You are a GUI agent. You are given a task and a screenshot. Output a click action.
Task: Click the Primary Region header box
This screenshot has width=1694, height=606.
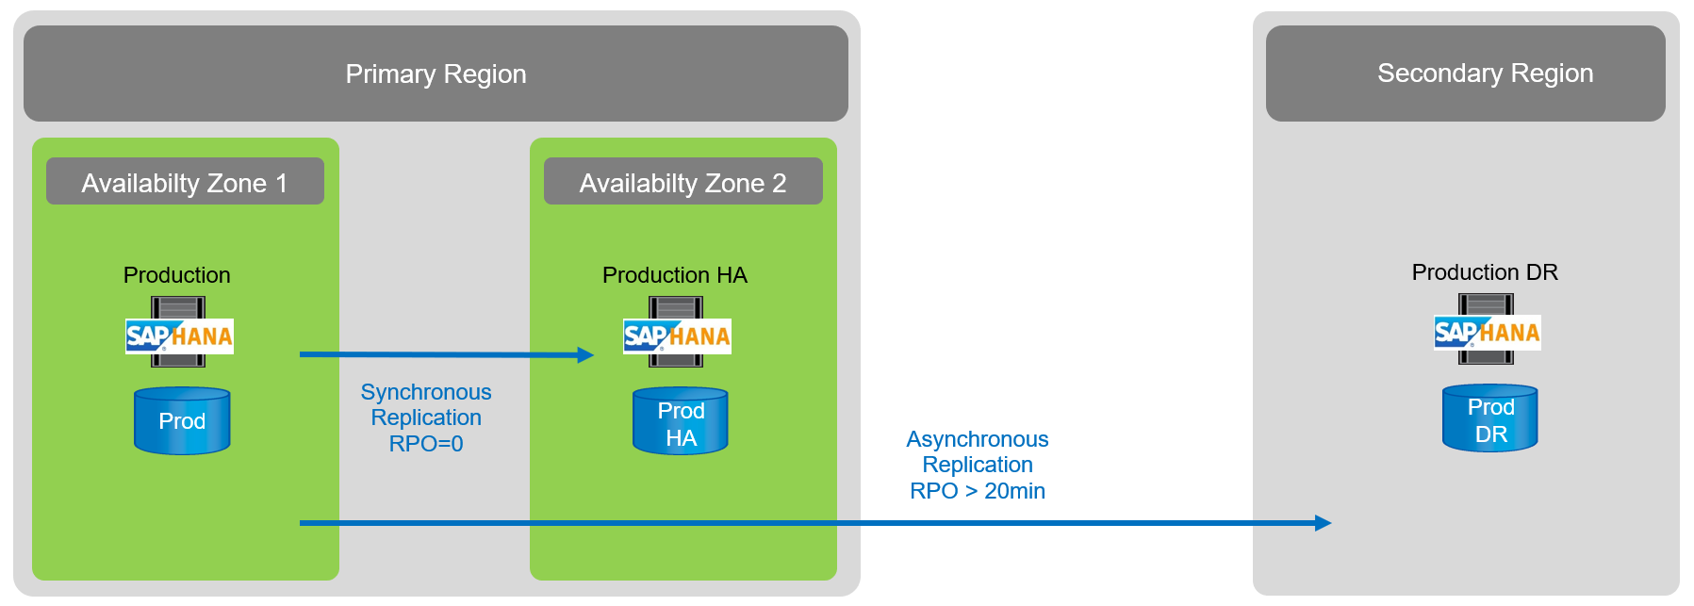pyautogui.click(x=436, y=74)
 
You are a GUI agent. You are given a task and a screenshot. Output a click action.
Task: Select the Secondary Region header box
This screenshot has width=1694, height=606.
pyautogui.click(x=1465, y=74)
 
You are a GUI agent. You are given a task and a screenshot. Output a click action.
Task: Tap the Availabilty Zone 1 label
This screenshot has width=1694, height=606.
pyautogui.click(x=185, y=182)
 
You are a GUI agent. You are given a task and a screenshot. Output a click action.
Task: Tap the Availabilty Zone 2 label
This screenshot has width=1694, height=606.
pyautogui.click(x=683, y=182)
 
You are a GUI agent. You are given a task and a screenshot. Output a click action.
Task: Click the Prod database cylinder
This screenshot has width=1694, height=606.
pyautogui.click(x=182, y=421)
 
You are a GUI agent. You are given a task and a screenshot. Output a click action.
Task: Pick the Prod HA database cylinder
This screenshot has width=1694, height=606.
pyautogui.click(x=680, y=421)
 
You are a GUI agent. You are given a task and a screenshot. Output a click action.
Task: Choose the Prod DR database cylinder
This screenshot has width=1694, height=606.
pyautogui.click(x=1489, y=418)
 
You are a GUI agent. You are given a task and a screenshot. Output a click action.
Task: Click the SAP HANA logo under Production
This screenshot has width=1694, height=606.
pyautogui.click(x=179, y=336)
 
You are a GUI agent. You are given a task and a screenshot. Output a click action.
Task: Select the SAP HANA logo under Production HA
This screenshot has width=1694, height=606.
pyautogui.click(x=677, y=336)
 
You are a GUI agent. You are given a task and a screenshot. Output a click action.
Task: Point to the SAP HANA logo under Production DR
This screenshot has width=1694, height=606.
pyautogui.click(x=1487, y=333)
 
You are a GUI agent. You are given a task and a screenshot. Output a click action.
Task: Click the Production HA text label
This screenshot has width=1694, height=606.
pyautogui.click(x=674, y=275)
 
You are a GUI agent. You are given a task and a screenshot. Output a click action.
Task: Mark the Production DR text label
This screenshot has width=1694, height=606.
pyautogui.click(x=1484, y=272)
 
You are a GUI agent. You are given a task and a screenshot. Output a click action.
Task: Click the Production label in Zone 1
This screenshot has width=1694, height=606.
pyautogui.click(x=176, y=275)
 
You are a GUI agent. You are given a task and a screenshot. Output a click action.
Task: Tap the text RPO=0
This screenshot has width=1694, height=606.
pyautogui.click(x=426, y=444)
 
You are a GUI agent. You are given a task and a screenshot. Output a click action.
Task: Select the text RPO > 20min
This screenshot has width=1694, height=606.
pyautogui.click(x=978, y=491)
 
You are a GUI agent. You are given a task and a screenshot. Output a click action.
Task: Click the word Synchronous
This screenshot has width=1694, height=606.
pyautogui.click(x=426, y=392)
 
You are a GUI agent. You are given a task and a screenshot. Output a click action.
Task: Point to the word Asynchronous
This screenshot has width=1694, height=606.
pyautogui.click(x=978, y=439)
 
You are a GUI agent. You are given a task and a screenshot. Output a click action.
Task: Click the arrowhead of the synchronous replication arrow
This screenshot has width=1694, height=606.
pyautogui.click(x=585, y=355)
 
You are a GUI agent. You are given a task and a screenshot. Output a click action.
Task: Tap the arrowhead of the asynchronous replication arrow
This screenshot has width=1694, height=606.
pyautogui.click(x=1323, y=523)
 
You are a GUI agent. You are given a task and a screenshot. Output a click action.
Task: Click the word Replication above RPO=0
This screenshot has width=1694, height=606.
pyautogui.click(x=426, y=418)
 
